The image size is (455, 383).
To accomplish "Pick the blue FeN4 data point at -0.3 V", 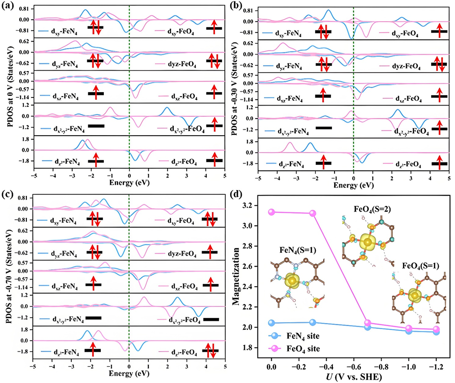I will pyautogui.click(x=313, y=322).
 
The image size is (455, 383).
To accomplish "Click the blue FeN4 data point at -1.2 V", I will pyautogui.click(x=436, y=332).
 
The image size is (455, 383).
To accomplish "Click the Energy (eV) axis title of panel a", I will pyautogui.click(x=129, y=183).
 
